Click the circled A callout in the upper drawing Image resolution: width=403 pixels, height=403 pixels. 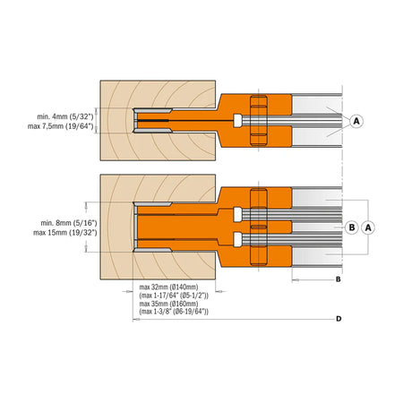click(356, 121)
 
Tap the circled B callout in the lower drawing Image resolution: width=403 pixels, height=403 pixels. click(352, 227)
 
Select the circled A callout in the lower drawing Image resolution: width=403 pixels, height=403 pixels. click(368, 227)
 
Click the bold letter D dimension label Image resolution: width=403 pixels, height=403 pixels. click(339, 319)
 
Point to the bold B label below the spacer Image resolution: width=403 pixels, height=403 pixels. click(339, 279)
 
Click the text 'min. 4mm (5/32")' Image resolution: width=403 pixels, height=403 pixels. click(65, 116)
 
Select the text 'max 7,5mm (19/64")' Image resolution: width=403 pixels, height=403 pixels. click(61, 126)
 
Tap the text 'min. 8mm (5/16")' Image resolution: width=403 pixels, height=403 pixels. click(69, 223)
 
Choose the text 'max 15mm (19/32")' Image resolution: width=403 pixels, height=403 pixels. click(65, 233)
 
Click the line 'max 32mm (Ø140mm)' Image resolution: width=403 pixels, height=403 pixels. click(168, 287)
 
